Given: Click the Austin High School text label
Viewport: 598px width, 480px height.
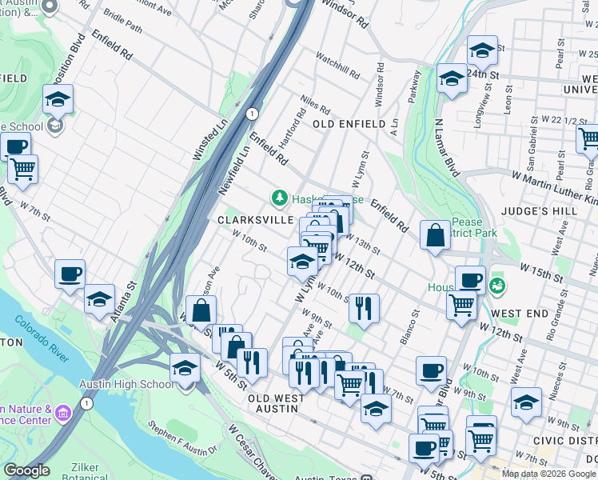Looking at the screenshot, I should (x=126, y=384).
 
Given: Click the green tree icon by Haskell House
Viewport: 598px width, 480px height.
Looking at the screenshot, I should (x=279, y=197).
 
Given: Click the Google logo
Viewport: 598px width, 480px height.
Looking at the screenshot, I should (x=26, y=470).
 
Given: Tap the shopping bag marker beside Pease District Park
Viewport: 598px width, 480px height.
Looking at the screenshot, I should (x=434, y=236).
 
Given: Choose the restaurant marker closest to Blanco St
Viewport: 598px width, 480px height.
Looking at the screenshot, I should (x=364, y=307).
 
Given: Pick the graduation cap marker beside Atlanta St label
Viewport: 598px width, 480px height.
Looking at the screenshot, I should (x=99, y=299).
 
